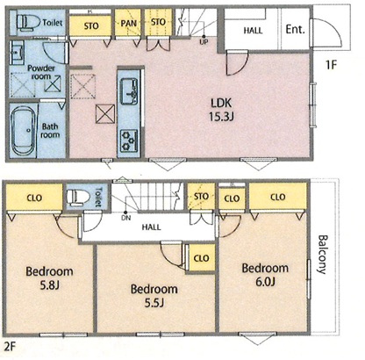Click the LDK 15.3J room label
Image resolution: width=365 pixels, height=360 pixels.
[221, 110]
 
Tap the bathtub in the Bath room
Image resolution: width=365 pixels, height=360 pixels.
[24, 131]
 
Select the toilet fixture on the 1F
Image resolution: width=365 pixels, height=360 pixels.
[28, 22]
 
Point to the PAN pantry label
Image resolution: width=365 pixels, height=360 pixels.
[129, 23]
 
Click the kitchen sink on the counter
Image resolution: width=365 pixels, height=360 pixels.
[129, 90]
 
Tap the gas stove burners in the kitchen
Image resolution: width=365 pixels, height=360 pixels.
[129, 140]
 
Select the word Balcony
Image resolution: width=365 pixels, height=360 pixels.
[322, 254]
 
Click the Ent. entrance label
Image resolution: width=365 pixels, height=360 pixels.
[295, 30]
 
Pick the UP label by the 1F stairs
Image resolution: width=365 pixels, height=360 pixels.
[204, 42]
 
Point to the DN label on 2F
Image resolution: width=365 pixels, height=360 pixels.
[126, 218]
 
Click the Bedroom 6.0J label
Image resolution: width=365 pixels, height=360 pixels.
[265, 275]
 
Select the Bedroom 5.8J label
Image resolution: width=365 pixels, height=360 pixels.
[49, 277]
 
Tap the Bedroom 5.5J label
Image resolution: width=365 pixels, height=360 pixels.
[154, 295]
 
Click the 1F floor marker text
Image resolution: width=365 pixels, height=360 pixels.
[332, 65]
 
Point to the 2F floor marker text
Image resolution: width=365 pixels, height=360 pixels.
[10, 346]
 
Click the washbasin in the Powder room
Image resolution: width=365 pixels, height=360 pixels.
[17, 53]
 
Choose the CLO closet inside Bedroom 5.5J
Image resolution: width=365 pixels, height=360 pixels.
[202, 258]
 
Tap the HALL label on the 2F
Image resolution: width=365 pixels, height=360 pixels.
[151, 227]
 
